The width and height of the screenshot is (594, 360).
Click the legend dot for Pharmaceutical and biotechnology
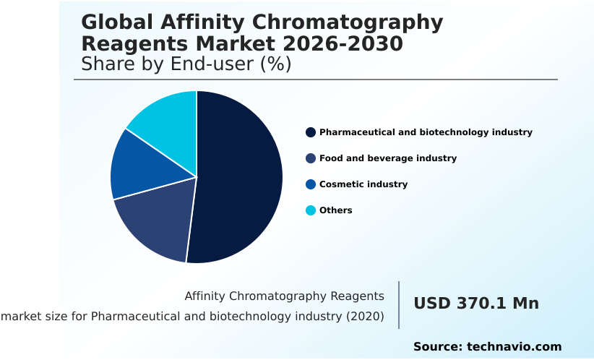pyautogui.click(x=311, y=132)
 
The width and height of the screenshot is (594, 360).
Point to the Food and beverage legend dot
pyautogui.click(x=311, y=158)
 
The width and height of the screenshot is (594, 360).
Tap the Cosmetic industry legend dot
pyautogui.click(x=311, y=184)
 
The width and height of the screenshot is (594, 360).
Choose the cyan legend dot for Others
pyautogui.click(x=311, y=210)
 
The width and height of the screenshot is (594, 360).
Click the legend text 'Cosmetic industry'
pyautogui.click(x=363, y=184)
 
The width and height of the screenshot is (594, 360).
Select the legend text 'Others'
pyautogui.click(x=336, y=210)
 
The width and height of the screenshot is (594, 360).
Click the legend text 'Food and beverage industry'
pyautogui.click(x=388, y=158)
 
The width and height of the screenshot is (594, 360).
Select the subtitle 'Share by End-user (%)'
pyautogui.click(x=186, y=64)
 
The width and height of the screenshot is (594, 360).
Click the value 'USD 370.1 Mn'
pyautogui.click(x=476, y=304)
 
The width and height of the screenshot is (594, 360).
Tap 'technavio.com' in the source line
pyautogui.click(x=515, y=347)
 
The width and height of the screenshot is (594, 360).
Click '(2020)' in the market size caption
pyautogui.click(x=365, y=317)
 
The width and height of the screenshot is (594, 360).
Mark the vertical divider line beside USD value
pyautogui.click(x=399, y=305)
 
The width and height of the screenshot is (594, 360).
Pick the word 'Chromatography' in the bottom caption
pyautogui.click(x=284, y=296)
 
